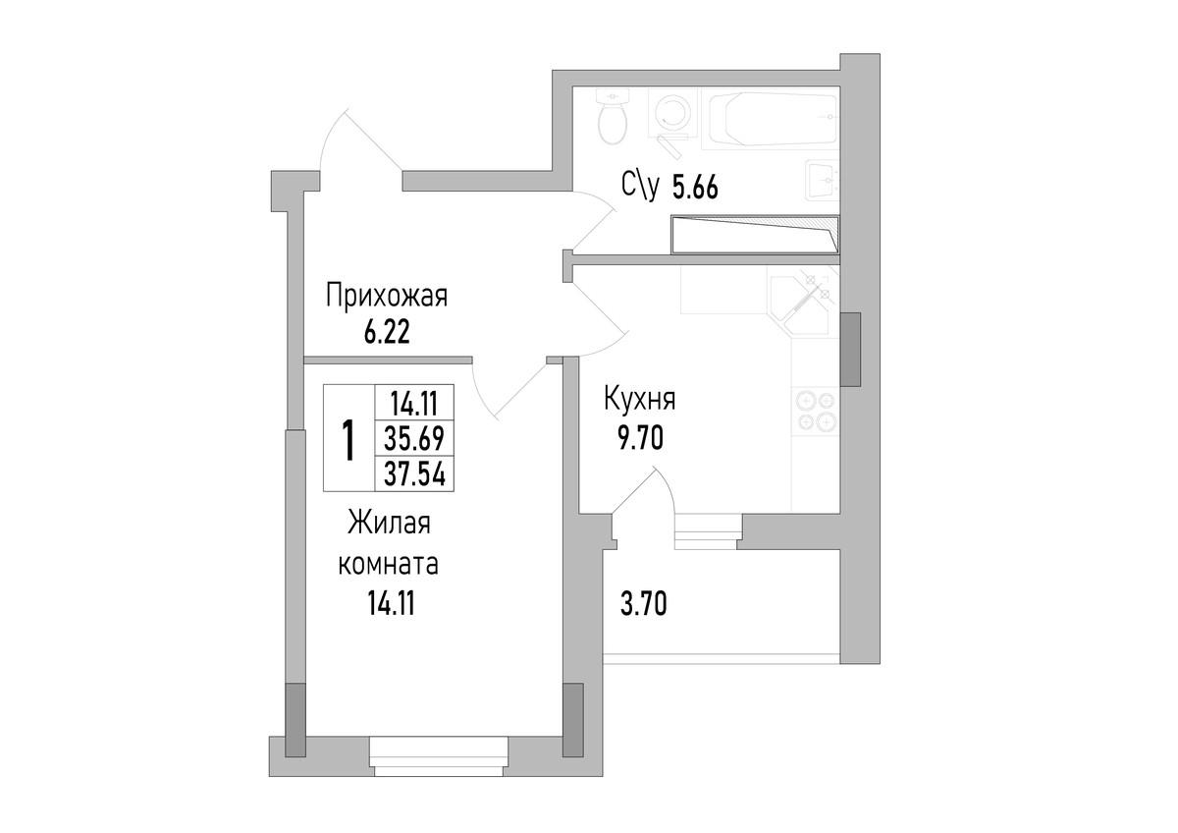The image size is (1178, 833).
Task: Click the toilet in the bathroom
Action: [613, 118]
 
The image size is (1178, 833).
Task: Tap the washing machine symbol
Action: [673, 114]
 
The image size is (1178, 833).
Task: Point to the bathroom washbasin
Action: [822, 179]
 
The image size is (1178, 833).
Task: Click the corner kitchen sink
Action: [801, 301]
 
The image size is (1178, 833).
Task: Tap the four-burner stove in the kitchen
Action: [814, 411]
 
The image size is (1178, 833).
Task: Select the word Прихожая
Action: [387, 297]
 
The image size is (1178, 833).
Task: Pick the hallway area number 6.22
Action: [386, 331]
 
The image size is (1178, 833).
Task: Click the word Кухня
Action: [638, 401]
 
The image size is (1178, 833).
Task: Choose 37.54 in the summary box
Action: [414, 474]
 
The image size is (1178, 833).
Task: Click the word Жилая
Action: [388, 525]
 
